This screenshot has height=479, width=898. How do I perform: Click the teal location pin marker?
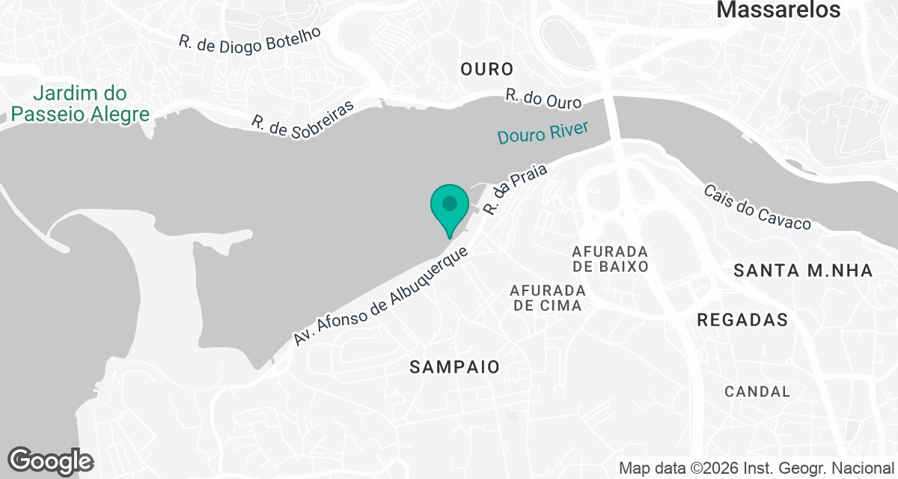[450, 210]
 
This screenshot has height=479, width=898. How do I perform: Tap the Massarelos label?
[778, 10]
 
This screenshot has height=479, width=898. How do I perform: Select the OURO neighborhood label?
[487, 70]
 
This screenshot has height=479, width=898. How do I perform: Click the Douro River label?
[543, 132]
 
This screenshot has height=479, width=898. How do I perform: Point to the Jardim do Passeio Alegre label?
[81, 104]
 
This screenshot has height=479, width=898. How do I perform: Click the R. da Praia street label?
[516, 190]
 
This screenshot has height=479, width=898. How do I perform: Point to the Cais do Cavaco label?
[757, 207]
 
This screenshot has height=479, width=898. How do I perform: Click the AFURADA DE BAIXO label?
[610, 257]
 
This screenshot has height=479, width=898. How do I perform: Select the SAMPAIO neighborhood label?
[454, 367]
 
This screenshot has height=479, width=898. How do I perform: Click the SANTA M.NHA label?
[803, 271]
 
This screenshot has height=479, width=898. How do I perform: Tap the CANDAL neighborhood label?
[757, 391]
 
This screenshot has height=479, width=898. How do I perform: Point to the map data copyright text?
[757, 469]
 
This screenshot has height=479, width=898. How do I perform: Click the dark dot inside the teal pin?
[450, 203]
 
